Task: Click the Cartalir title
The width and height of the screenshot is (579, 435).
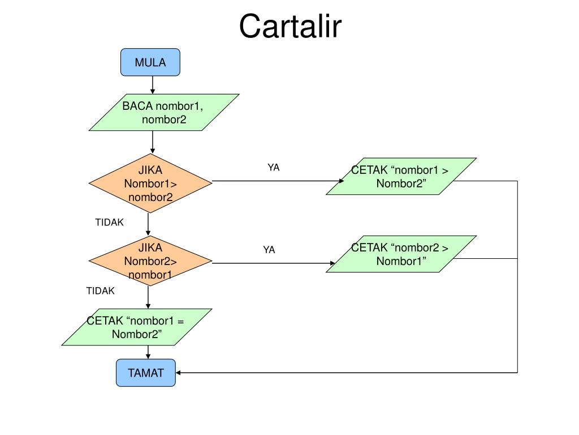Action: tap(290, 26)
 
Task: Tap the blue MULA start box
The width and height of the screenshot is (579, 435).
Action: tap(150, 62)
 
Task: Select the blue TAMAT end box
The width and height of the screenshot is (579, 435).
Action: tap(146, 373)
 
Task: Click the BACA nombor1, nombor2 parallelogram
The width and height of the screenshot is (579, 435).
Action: tap(164, 113)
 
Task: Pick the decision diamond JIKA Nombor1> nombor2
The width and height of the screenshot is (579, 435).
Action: tap(150, 184)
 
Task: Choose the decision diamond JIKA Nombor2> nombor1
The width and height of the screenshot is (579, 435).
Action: tap(150, 261)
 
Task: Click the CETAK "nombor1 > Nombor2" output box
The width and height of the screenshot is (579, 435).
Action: tap(401, 177)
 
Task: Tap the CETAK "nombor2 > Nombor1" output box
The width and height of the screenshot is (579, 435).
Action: tap(401, 254)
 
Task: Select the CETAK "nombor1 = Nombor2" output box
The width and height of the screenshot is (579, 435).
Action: tap(137, 327)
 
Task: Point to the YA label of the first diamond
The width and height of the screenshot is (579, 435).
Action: tap(273, 168)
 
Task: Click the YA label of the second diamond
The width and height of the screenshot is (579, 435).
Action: tap(269, 250)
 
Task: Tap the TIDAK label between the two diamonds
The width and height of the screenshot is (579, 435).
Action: tap(109, 222)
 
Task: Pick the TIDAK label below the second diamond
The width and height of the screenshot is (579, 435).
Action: tap(101, 291)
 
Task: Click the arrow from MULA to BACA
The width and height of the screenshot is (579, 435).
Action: tap(153, 85)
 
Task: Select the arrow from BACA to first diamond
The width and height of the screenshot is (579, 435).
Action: tap(153, 142)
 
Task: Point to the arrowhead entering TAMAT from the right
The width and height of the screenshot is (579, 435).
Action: tap(178, 373)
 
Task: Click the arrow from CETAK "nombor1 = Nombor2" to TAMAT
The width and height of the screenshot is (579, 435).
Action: tap(148, 352)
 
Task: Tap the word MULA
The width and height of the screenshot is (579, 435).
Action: tap(150, 62)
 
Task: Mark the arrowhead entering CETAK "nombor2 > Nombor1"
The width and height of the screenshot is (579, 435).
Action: tap(332, 263)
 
